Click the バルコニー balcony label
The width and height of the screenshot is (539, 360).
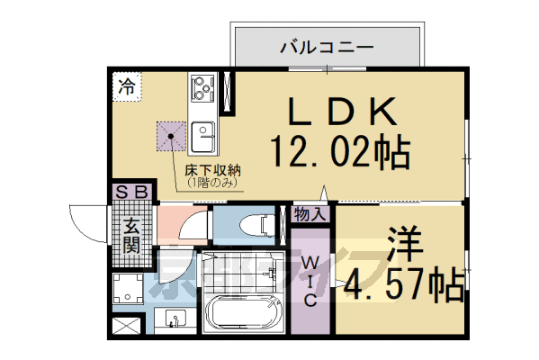click(325, 45)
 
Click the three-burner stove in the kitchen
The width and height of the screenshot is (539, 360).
click(200, 91)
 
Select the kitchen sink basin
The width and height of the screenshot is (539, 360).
click(202, 138)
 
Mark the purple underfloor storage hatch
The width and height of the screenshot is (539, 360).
click(171, 137)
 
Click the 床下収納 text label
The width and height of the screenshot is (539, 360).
click(213, 169)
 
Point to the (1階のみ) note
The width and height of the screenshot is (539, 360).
click(213, 183)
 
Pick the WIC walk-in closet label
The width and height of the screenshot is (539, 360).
click(309, 281)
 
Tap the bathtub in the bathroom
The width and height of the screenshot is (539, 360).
click(243, 315)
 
